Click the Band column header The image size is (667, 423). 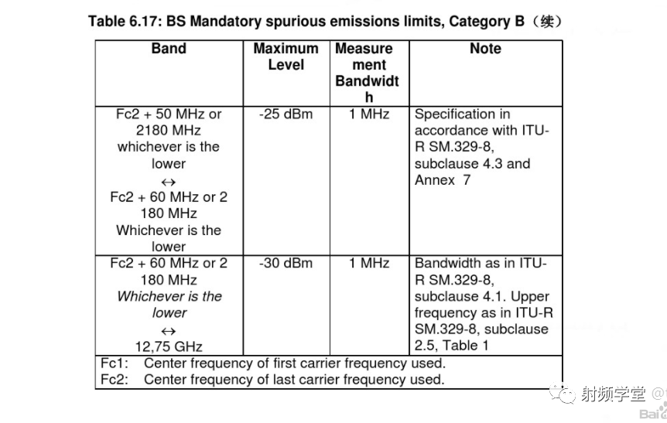pos(169,49)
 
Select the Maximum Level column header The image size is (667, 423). pos(286,56)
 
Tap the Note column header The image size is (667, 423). pos(485,49)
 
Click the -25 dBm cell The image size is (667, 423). pos(286,114)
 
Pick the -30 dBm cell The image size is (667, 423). pos(286,264)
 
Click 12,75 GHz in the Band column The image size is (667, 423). pos(169,346)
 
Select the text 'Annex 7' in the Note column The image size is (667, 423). pos(443,180)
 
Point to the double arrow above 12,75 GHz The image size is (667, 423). pos(169,330)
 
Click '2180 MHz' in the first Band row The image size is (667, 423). pos(169,131)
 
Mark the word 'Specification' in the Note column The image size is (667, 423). pos(455,114)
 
